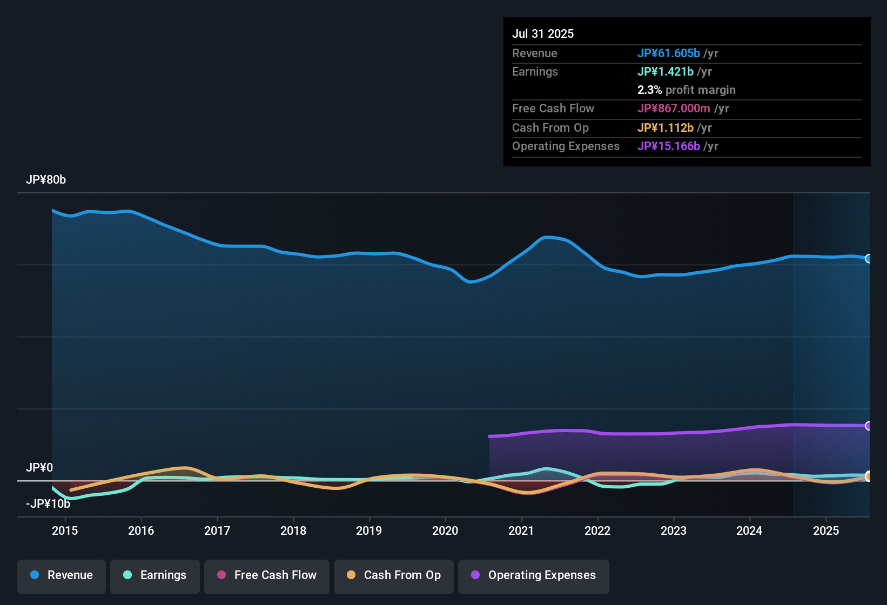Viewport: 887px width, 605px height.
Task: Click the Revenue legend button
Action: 62,575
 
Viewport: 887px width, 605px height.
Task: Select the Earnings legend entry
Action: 155,575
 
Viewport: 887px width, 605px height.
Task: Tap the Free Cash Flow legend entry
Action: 267,575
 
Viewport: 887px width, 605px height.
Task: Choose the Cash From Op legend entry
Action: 394,575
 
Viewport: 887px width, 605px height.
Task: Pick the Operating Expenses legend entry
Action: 534,575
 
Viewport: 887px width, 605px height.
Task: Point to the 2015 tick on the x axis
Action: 65,530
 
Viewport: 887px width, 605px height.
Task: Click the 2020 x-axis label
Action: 445,530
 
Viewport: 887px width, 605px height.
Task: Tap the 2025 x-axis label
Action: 826,530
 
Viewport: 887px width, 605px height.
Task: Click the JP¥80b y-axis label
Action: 46,180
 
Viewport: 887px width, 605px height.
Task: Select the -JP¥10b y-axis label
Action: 48,504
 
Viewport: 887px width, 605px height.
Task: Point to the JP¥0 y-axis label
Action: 39,468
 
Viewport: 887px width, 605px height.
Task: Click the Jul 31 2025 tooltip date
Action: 543,33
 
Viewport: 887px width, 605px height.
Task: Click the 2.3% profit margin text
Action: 686,90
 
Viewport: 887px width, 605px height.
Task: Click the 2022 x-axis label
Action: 597,530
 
